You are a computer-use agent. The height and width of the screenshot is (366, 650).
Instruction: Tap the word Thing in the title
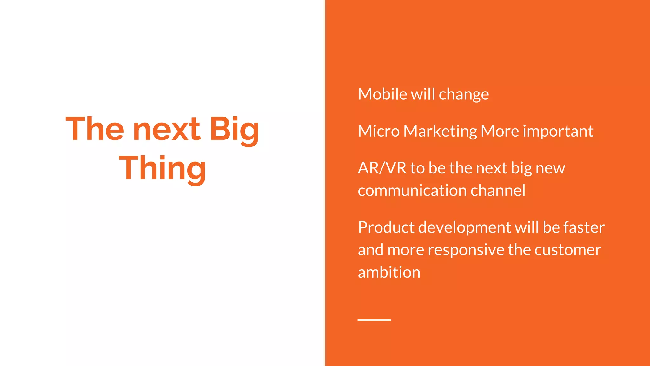pyautogui.click(x=162, y=168)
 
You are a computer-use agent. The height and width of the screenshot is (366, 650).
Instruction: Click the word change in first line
pyautogui.click(x=464, y=94)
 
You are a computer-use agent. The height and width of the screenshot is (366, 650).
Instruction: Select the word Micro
pyautogui.click(x=378, y=131)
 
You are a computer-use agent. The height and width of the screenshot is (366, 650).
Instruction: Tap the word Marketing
pyautogui.click(x=440, y=131)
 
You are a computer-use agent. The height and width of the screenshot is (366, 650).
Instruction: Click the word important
pyautogui.click(x=558, y=131)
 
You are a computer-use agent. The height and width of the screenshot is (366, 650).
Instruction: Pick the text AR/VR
pyautogui.click(x=382, y=168)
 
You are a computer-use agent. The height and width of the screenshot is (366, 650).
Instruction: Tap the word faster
pyautogui.click(x=584, y=227)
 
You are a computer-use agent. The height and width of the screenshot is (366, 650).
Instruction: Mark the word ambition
pyautogui.click(x=389, y=273)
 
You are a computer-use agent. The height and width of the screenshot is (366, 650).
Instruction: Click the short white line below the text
pyautogui.click(x=374, y=320)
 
